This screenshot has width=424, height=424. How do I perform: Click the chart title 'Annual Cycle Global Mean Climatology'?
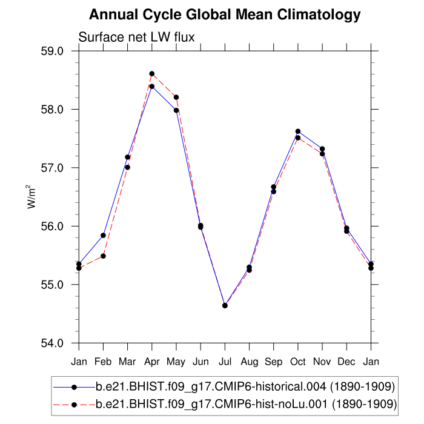point(225,15)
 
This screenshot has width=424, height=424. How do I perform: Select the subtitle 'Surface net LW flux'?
point(136,38)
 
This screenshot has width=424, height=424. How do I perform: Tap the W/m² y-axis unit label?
point(30,196)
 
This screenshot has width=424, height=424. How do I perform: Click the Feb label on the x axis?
point(103,362)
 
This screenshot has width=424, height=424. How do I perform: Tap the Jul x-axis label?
point(225,362)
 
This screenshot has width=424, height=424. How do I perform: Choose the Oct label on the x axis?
point(298,362)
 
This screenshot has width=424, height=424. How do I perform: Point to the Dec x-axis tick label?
point(346,362)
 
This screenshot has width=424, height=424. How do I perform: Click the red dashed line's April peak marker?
point(152,74)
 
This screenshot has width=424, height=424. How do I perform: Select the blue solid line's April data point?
point(152,87)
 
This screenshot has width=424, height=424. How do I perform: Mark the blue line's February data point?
point(104,235)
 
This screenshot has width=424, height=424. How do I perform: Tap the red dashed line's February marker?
point(104,256)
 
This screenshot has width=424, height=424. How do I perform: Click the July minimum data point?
point(225,305)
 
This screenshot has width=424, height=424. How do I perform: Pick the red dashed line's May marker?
point(176,97)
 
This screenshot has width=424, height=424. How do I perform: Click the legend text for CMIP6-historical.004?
point(246,386)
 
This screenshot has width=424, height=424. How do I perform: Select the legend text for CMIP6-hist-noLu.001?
point(246,403)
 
